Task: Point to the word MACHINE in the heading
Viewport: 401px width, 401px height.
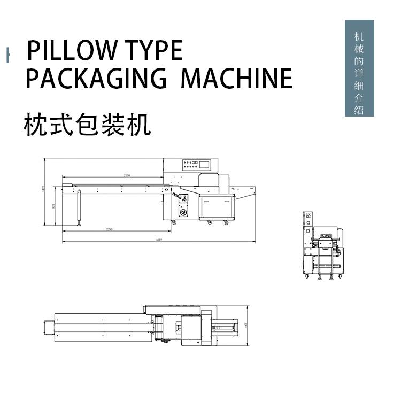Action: pos(236,79)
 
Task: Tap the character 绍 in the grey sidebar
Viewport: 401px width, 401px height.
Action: pos(359,111)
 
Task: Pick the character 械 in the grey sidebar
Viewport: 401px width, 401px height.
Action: pos(359,49)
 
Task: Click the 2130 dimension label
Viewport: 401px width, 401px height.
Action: pos(127,175)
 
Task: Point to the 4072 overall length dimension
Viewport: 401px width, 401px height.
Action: pos(159,240)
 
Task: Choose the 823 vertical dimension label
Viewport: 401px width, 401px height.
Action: pos(53,205)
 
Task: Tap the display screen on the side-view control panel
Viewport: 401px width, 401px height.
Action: pos(206,164)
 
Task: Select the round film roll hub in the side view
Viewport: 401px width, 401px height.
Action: pos(183,213)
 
